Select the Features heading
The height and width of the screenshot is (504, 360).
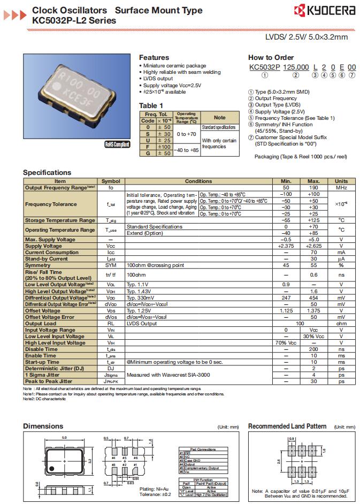click(154, 57)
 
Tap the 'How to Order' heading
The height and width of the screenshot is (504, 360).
click(271, 57)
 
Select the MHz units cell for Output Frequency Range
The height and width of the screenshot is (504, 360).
click(341, 188)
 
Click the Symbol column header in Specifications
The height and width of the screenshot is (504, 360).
click(111, 181)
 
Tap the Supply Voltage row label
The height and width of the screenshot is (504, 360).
click(44, 246)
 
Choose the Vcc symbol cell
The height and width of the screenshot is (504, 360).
click(111, 246)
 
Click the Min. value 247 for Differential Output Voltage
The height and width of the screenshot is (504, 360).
click(286, 297)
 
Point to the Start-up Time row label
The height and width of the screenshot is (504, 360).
click(42, 362)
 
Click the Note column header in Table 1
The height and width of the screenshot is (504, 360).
click(219, 117)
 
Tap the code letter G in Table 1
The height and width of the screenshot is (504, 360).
click(148, 153)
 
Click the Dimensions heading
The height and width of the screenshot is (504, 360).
click(43, 426)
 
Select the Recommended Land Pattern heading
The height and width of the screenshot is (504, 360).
click(287, 426)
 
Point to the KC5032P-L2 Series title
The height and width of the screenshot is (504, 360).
click(74, 20)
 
